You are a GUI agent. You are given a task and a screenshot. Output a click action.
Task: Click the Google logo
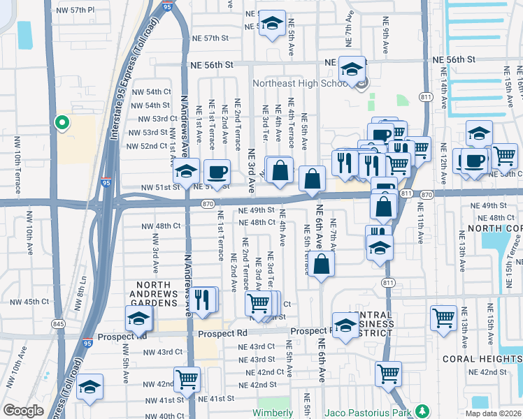(x=23, y=411)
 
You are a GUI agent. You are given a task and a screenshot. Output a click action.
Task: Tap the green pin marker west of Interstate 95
(x=62, y=123)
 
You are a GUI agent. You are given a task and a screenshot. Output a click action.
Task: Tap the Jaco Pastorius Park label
(x=368, y=412)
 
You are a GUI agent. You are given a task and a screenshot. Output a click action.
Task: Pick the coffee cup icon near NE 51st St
(x=217, y=172)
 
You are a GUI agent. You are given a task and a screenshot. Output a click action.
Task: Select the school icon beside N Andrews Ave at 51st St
(x=187, y=171)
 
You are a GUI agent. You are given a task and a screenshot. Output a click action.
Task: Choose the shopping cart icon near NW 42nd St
(x=187, y=380)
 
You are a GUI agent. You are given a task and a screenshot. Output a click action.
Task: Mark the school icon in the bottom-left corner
(x=89, y=388)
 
